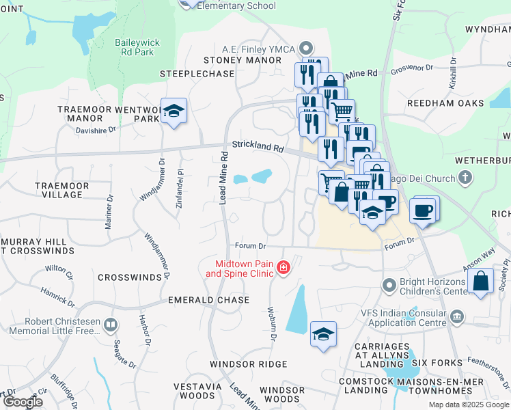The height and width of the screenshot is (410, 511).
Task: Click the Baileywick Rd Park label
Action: [x=137, y=47]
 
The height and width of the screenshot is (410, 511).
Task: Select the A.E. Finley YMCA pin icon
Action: [x=306, y=49]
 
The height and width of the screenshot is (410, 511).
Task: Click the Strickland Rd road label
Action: [x=257, y=146]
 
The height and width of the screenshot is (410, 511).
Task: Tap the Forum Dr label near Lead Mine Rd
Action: [x=250, y=245]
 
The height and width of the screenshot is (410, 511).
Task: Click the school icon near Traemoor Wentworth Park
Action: [x=174, y=111]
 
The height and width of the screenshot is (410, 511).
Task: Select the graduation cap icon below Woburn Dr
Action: [x=323, y=334]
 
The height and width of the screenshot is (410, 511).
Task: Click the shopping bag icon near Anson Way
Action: [x=481, y=282]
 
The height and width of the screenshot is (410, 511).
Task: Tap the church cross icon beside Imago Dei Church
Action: [x=465, y=179]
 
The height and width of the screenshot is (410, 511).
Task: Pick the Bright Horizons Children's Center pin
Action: [x=389, y=284]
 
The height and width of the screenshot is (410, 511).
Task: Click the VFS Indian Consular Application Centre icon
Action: [x=458, y=316]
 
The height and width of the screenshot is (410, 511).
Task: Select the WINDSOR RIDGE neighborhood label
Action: [x=249, y=364]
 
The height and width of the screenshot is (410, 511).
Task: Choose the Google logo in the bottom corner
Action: [x=23, y=402]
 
